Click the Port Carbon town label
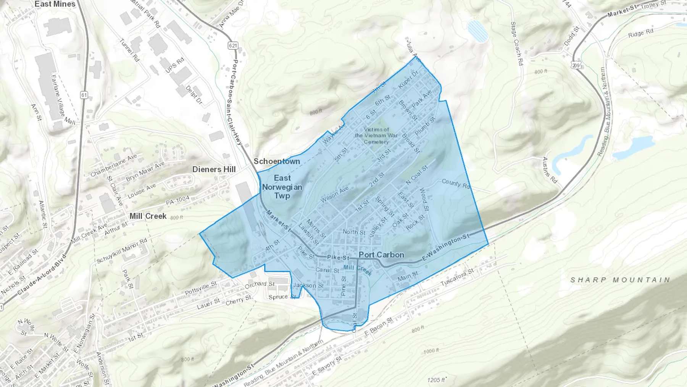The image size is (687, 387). click(x=381, y=255)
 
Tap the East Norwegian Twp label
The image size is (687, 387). click(x=282, y=187)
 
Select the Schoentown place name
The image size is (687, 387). click(x=277, y=161)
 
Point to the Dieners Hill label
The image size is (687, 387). click(x=214, y=169)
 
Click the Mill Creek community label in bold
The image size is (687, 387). click(x=148, y=216)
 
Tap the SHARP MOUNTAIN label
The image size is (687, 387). click(x=620, y=280)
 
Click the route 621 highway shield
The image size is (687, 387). click(x=233, y=45)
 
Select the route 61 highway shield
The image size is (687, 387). click(x=84, y=95)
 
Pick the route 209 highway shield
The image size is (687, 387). click(x=576, y=65)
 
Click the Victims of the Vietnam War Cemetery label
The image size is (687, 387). click(x=376, y=136)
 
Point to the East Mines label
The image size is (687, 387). click(x=55, y=4)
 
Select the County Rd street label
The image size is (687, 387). click(x=456, y=184)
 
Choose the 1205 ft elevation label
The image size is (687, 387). click(x=437, y=380)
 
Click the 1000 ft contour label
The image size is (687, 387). click(x=431, y=351)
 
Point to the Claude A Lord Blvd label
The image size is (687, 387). click(x=41, y=275)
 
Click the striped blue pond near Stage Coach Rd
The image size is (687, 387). click(x=477, y=31)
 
